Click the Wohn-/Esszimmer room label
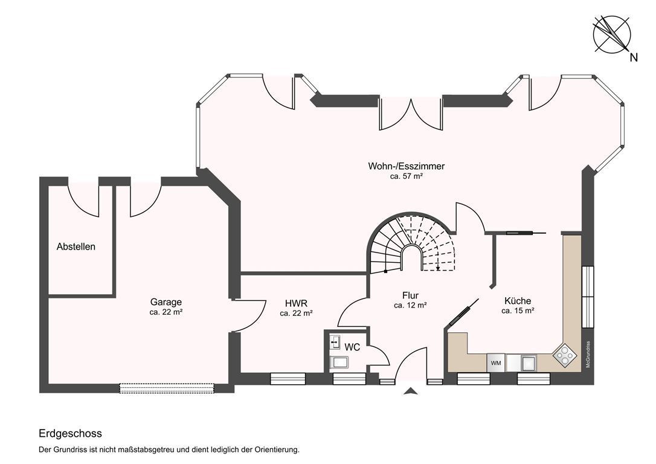pos(407,166)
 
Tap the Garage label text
pos(166,301)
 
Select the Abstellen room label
pos(76,246)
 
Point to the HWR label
pos(296,303)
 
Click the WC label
pos(352,347)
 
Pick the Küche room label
pos(518,300)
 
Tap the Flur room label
pos(410,295)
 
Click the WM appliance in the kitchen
pos(496,362)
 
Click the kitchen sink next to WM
pos(528,362)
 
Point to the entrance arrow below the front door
pos(411,391)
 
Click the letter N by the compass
pos(634,57)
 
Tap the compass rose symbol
pos(612,34)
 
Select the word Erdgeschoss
pos(70,433)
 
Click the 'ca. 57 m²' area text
pos(407,176)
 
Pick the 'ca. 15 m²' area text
pos(518,311)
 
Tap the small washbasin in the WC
pos(335,342)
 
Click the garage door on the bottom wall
pos(167,388)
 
